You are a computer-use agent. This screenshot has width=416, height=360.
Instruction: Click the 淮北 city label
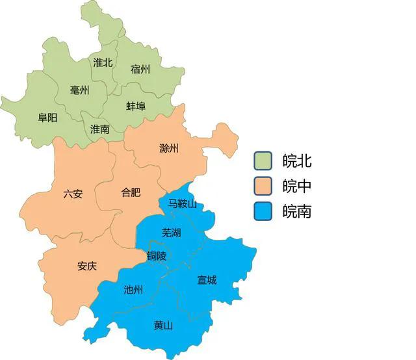tap(103, 63)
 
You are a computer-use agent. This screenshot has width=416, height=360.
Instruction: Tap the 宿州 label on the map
tap(140, 69)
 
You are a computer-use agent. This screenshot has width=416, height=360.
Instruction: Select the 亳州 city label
tap(79, 90)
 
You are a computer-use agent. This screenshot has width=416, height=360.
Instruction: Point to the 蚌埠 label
tap(136, 106)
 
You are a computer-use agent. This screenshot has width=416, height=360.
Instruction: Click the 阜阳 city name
tap(47, 118)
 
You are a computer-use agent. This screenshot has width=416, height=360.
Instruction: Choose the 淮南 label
tap(100, 129)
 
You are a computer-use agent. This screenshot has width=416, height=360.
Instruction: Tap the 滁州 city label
tap(169, 148)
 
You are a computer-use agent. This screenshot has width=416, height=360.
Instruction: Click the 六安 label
tap(73, 194)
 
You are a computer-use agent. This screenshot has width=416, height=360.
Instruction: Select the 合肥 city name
tap(131, 192)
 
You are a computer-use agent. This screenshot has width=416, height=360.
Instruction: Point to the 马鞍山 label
tap(183, 203)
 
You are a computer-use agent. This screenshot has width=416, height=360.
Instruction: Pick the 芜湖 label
tap(172, 232)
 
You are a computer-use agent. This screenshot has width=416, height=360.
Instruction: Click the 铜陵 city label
tap(157, 256)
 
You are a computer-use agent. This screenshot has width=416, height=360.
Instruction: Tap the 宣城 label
tap(207, 280)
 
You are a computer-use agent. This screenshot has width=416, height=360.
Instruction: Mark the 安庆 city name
tap(87, 266)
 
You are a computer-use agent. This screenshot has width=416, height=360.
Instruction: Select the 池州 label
tap(133, 290)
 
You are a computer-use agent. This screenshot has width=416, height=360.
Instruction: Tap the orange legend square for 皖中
tap(264, 186)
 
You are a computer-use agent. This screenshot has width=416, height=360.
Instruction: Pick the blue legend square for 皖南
tap(264, 211)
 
